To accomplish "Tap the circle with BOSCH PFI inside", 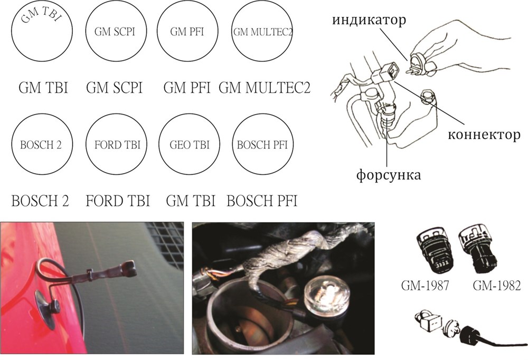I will pyautogui.click(x=262, y=145).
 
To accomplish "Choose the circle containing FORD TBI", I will pyautogui.click(x=115, y=145).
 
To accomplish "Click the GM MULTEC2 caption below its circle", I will pyautogui.click(x=264, y=88).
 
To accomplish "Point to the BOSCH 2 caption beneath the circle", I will pyautogui.click(x=43, y=201).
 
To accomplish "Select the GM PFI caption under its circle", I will pyautogui.click(x=187, y=88).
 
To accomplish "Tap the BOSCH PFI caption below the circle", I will pyautogui.click(x=262, y=201).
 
